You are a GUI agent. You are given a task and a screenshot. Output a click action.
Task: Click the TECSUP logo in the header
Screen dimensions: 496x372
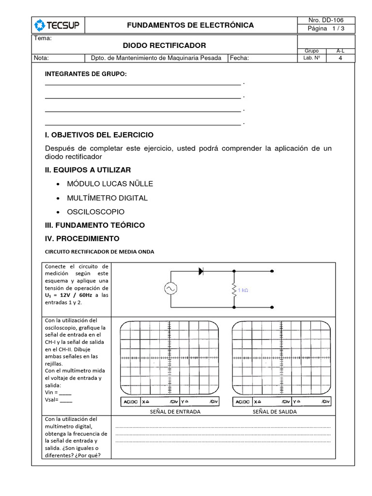(x=58, y=25)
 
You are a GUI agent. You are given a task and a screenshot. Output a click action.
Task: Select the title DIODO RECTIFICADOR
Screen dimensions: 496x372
(x=164, y=46)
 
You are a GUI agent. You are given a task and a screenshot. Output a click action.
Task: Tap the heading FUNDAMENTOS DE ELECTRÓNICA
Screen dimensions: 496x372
(x=190, y=25)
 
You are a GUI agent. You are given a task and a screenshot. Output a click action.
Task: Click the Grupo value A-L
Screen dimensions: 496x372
(x=341, y=51)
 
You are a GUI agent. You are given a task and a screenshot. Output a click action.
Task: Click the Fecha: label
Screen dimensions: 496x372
(x=240, y=58)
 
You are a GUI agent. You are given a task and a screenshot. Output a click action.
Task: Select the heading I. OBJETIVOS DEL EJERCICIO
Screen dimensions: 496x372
(x=99, y=135)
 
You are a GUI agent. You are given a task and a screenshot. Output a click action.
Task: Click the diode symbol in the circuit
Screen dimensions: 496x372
(x=201, y=272)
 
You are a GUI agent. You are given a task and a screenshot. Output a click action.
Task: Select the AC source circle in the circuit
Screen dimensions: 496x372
(x=170, y=289)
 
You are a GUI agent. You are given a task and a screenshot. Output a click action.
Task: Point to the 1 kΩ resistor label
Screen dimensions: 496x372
(x=243, y=290)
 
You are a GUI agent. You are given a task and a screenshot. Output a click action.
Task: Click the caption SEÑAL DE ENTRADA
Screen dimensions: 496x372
(x=169, y=412)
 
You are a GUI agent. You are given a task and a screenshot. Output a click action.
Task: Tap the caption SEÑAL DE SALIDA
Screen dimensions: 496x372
(x=275, y=412)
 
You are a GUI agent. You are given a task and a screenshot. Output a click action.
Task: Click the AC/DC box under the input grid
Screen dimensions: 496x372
(x=131, y=402)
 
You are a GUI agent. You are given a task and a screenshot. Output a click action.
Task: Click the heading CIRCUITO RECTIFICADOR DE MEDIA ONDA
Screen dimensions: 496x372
(x=99, y=252)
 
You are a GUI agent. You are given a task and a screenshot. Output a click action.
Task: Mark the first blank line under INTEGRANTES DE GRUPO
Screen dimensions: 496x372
(x=143, y=84)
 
